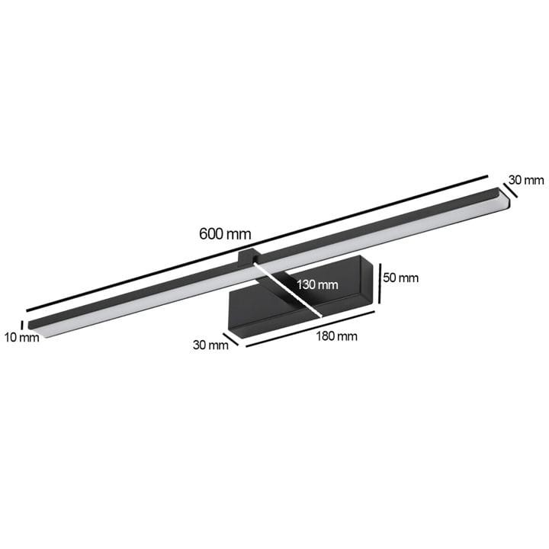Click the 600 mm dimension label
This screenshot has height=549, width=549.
[x=225, y=234]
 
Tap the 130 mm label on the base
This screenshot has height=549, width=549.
[x=317, y=284]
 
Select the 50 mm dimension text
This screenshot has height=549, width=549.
[x=401, y=278]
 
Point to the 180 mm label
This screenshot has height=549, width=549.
[x=337, y=336]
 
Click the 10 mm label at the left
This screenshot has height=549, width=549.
[x=21, y=338]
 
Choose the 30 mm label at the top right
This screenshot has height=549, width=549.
[x=526, y=180]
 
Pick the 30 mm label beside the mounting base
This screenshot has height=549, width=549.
[x=210, y=345]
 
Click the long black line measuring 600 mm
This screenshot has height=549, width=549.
[x=257, y=243]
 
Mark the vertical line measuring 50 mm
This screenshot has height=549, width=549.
[x=380, y=284]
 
